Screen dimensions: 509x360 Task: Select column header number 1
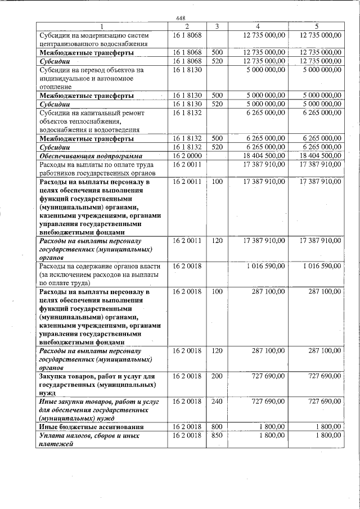(x=102, y=26)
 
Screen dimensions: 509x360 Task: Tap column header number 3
(x=217, y=26)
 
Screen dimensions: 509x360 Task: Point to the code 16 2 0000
(x=186, y=155)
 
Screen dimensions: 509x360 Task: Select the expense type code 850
(x=217, y=436)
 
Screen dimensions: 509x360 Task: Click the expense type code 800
(x=217, y=427)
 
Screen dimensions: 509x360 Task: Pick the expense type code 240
(x=217, y=402)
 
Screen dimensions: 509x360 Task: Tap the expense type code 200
(x=217, y=375)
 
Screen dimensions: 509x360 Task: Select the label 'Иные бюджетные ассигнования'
(x=90, y=427)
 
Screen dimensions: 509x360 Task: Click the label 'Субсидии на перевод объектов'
(x=88, y=70)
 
